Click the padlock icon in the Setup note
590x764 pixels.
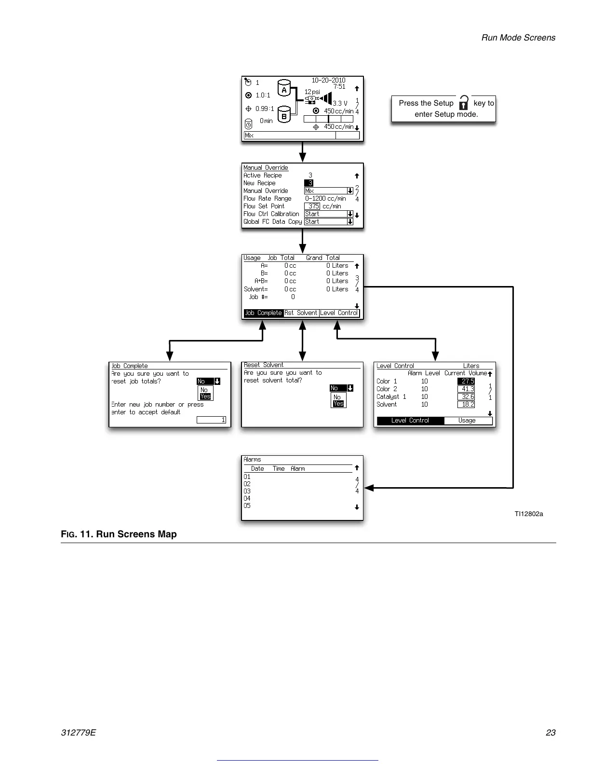point(463,103)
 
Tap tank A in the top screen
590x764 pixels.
point(284,90)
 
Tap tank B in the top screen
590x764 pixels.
point(284,116)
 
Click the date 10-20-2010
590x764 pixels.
point(328,80)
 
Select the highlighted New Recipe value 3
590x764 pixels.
point(309,183)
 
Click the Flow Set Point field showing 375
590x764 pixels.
point(312,206)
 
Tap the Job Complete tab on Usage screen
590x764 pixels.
point(263,313)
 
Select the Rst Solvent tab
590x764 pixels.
point(301,313)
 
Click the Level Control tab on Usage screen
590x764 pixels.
point(339,313)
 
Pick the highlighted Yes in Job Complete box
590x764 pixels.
point(205,396)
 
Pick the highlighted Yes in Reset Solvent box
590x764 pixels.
point(338,404)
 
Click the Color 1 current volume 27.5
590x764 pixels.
point(466,381)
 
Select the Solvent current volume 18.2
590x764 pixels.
point(466,405)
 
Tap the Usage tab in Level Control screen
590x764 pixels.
point(467,421)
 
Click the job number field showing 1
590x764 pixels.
point(211,420)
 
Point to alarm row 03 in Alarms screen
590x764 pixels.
point(247,491)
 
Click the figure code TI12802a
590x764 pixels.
point(528,514)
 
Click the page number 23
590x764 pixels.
point(550,733)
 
